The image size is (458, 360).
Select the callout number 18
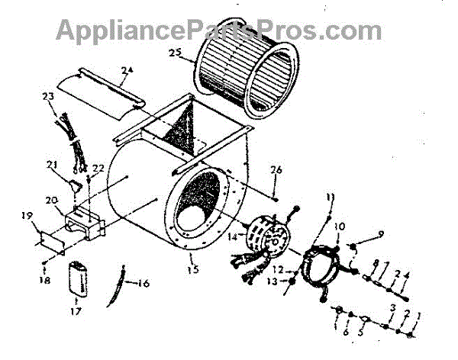click(x=45, y=281)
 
